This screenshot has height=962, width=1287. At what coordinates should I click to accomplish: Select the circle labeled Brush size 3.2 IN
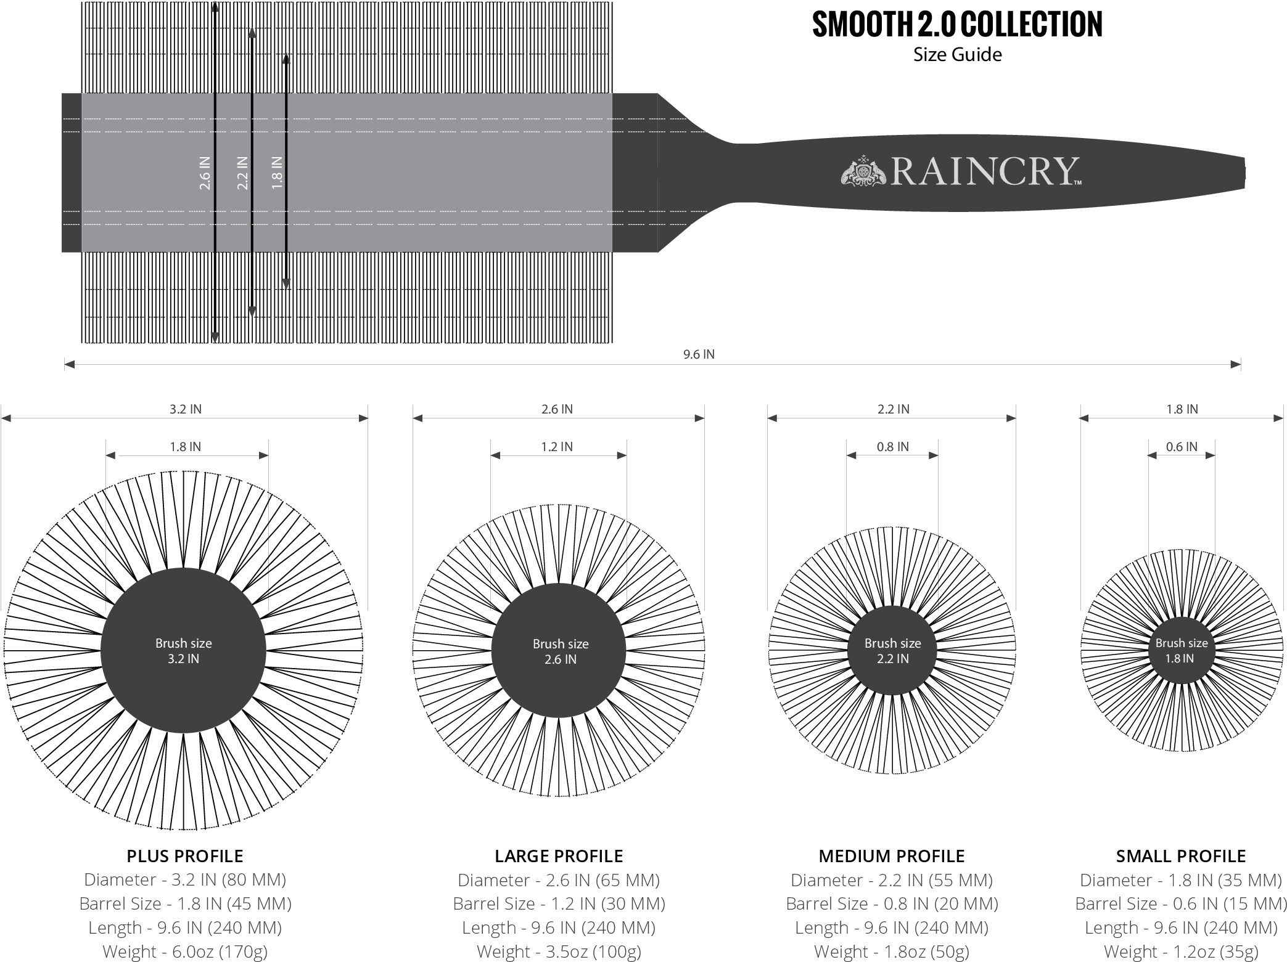[x=183, y=651]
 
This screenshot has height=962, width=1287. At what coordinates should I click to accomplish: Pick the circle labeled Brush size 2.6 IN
[x=559, y=651]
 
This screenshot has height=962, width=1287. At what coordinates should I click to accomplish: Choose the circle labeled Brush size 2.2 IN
[x=892, y=651]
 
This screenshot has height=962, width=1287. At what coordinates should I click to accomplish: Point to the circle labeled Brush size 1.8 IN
[x=1181, y=651]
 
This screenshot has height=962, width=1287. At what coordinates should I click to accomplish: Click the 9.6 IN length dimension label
[x=698, y=354]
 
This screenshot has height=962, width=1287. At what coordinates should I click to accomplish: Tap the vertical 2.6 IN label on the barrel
[x=205, y=173]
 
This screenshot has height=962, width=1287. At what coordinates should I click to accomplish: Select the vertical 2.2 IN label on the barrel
[x=242, y=173]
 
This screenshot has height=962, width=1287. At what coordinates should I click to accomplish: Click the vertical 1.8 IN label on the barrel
[x=277, y=173]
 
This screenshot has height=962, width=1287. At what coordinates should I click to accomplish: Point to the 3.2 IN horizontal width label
[x=186, y=409]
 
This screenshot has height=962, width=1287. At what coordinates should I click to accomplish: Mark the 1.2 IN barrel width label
[x=557, y=447]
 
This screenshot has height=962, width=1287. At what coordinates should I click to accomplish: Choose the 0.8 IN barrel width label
[x=892, y=447]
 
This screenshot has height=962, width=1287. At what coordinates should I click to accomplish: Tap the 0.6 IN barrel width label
[x=1181, y=447]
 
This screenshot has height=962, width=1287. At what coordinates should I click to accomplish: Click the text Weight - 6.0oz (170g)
[x=185, y=952]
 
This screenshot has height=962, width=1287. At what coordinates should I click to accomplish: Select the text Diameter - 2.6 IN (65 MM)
[x=559, y=880]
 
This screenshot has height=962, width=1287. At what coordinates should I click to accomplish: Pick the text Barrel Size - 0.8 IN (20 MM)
[x=892, y=904]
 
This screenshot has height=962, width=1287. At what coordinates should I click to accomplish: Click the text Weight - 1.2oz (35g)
[x=1181, y=952]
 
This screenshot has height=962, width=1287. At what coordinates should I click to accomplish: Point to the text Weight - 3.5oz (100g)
[x=559, y=952]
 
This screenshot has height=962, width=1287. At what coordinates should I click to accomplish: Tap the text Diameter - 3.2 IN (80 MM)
[x=185, y=879]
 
